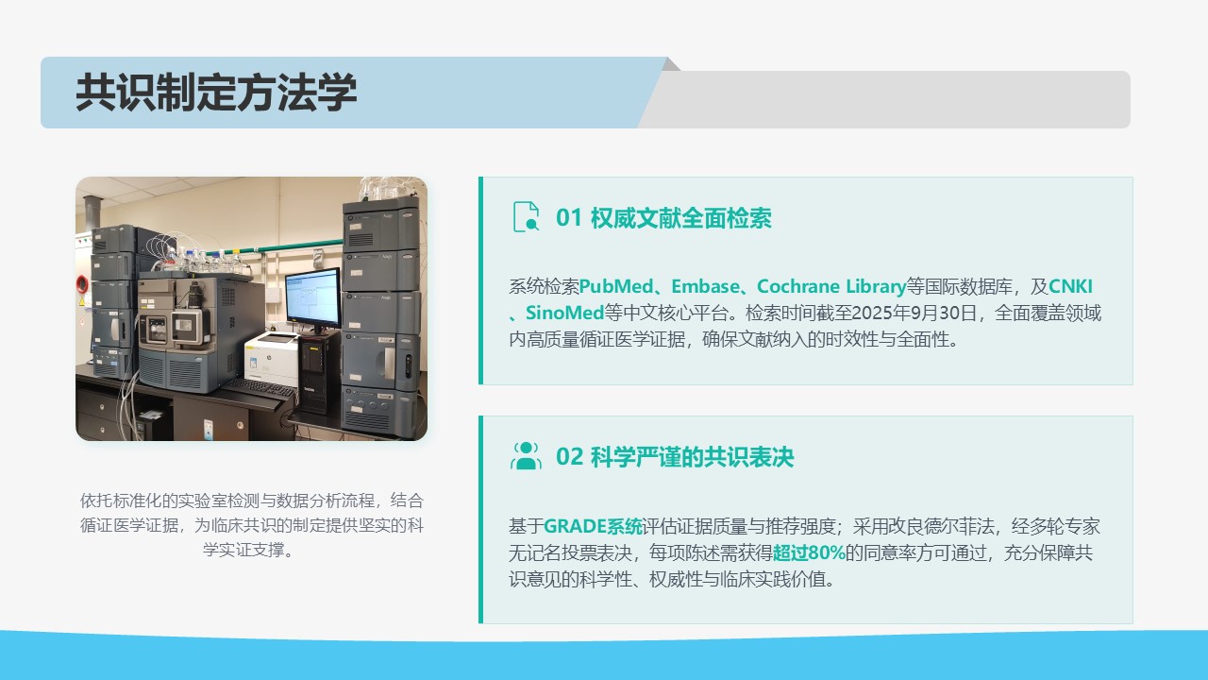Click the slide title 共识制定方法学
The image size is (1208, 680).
point(216,93)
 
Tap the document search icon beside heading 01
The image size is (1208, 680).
point(526,217)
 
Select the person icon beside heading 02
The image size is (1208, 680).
point(526,456)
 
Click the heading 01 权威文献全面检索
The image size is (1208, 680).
point(663,218)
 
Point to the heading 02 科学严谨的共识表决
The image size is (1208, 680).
point(675,457)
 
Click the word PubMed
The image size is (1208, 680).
point(616,286)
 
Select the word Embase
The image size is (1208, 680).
point(705,286)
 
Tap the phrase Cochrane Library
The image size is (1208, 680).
point(831,286)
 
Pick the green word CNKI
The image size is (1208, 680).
point(1070,286)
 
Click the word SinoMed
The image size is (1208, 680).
point(564,313)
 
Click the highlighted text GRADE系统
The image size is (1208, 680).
point(594,526)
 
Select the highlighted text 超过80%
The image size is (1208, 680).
point(809,552)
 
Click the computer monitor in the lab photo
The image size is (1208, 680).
point(312,297)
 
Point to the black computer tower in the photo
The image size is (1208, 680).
point(319,372)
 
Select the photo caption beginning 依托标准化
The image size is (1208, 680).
point(251,524)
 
